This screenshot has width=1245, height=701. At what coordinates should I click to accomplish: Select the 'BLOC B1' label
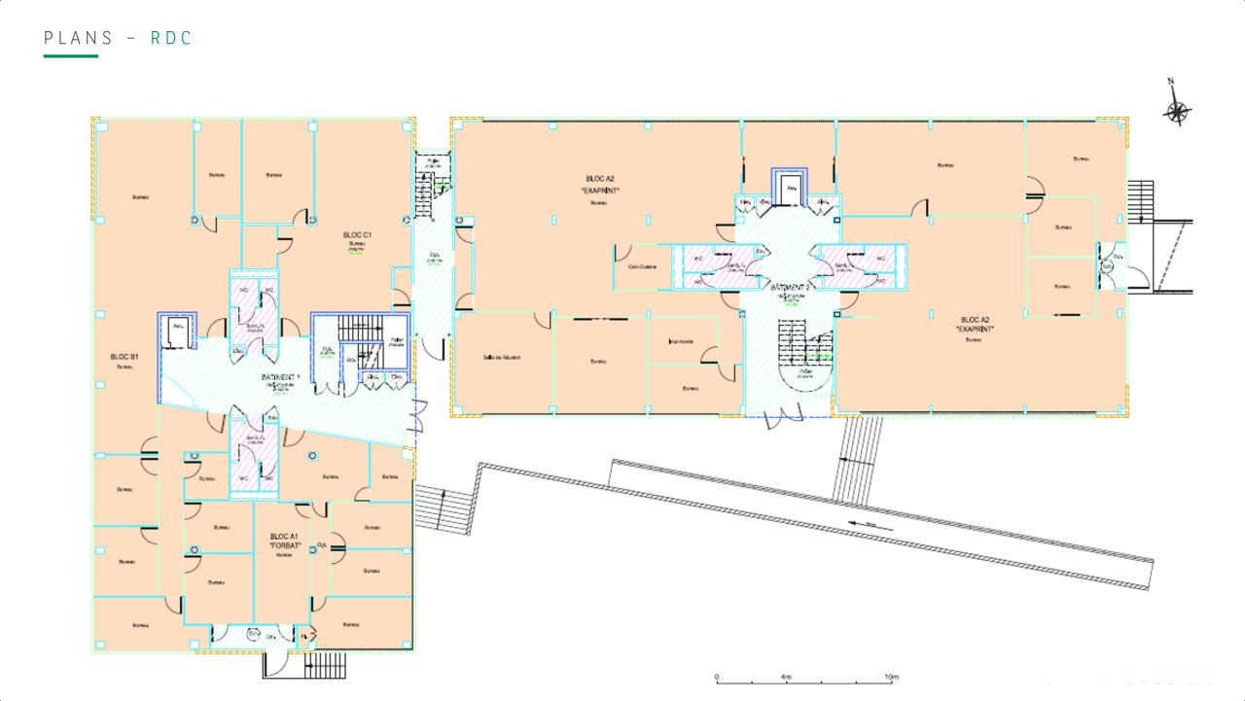124,358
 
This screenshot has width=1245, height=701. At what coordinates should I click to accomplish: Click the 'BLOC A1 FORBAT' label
282,542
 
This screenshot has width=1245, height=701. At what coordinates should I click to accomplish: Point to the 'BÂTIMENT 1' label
281,377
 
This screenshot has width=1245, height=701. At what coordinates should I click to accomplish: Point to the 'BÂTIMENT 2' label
790,289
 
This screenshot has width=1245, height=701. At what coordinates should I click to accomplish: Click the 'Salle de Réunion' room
502,358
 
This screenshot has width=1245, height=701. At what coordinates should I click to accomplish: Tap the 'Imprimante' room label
681,342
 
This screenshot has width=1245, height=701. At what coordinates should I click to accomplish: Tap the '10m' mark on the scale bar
891,677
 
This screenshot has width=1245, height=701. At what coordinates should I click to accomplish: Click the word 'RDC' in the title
172,38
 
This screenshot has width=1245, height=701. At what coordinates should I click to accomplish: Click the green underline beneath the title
71,56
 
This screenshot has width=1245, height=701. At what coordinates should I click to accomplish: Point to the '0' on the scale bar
717,677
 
